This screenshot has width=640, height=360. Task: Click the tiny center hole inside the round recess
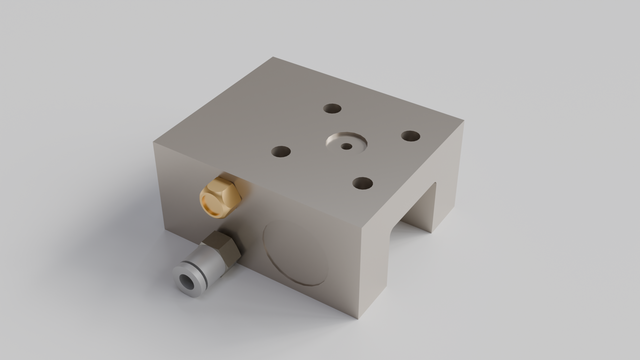pyautogui.click(x=346, y=146)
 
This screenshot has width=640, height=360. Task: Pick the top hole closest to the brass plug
pyautogui.click(x=281, y=152)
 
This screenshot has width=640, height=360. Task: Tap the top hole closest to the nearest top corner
pyautogui.click(x=362, y=183)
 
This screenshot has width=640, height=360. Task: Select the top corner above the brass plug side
pyautogui.click(x=154, y=141)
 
